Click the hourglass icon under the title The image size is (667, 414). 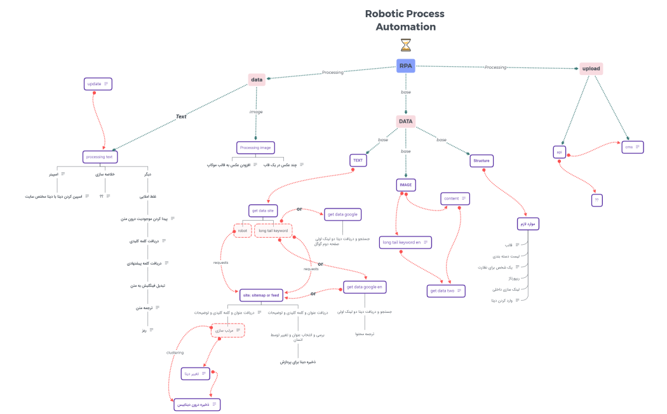point(406,45)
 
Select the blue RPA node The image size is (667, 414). point(406,66)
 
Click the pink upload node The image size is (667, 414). point(591,69)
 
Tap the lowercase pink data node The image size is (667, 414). point(257,80)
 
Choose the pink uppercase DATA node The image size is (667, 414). point(406,121)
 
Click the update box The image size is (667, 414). point(98,84)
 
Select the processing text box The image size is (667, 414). point(100,156)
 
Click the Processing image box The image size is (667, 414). point(255,148)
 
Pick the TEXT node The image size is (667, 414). point(358,161)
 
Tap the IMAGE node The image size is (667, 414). point(405,185)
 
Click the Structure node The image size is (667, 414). point(482,161)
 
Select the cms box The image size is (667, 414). point(633,147)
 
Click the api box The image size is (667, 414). point(560,153)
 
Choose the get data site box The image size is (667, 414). point(262,210)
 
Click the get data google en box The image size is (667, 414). point(365,287)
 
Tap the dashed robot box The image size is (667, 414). point(243,231)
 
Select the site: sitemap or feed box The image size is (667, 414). point(260,295)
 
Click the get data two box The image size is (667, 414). point(446,291)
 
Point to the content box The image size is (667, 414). point(455,198)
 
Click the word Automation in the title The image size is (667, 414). point(405,27)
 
